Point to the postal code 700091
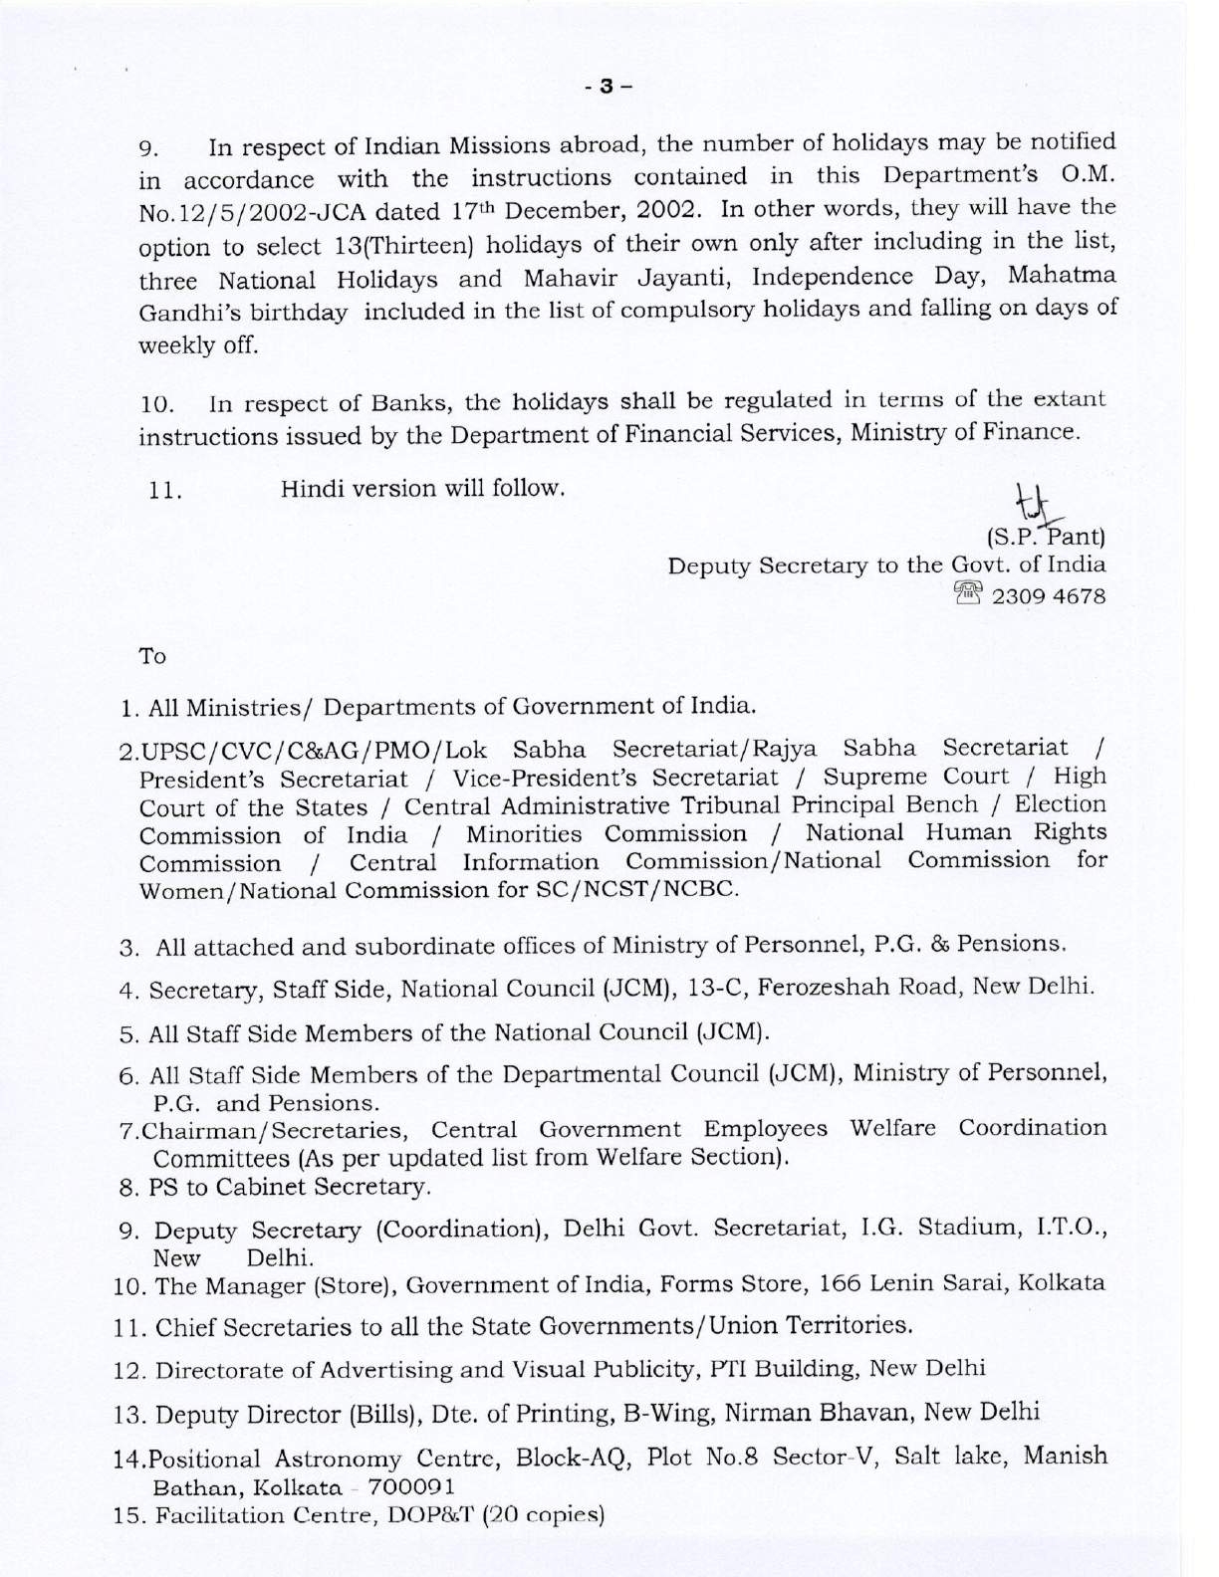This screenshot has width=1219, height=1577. click(x=411, y=1487)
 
